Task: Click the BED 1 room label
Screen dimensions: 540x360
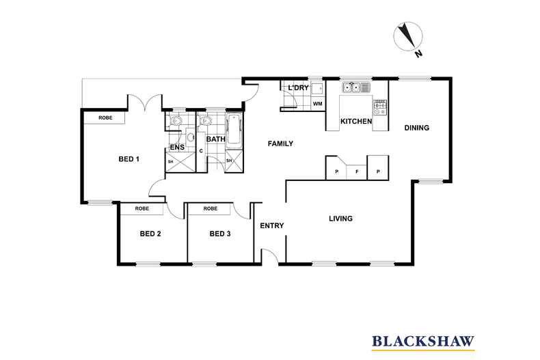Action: (129, 159)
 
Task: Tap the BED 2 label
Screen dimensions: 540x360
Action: (150, 234)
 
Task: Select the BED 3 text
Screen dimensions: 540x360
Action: (220, 234)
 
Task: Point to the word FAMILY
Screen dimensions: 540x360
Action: (281, 143)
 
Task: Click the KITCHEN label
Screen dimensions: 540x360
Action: (356, 121)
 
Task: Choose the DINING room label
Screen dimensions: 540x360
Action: (417, 128)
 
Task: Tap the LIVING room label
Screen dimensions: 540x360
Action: (340, 218)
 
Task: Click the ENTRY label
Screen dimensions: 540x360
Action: (272, 225)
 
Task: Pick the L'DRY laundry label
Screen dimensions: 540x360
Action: (299, 87)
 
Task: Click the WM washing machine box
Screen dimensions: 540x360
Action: (318, 104)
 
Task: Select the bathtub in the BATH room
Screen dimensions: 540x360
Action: (234, 129)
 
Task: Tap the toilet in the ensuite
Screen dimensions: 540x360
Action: (176, 121)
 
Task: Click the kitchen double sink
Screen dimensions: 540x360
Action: (355, 87)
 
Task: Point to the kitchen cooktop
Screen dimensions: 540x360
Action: (380, 107)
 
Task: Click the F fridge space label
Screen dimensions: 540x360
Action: (357, 171)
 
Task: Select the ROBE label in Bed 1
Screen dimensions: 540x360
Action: (105, 117)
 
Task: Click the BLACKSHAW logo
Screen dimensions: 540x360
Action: (423, 342)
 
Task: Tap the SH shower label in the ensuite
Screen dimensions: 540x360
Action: (170, 161)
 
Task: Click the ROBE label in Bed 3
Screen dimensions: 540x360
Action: (211, 208)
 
